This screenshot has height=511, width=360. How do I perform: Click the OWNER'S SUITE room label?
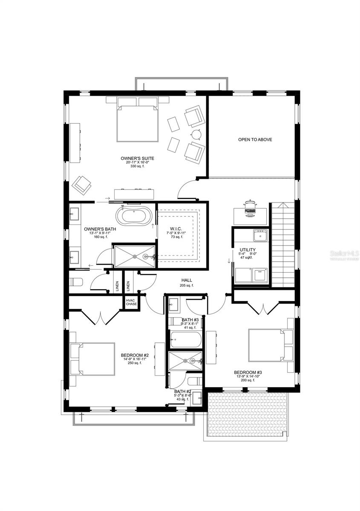137,158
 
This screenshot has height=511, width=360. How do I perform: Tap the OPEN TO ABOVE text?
255,140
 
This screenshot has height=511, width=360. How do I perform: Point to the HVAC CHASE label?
131,301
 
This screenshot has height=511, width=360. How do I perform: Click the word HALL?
187,280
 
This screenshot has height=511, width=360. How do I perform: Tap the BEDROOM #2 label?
134,355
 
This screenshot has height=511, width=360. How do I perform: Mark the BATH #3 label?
190,319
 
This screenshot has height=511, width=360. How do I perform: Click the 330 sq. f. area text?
137,167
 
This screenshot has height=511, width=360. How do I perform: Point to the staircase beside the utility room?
283,245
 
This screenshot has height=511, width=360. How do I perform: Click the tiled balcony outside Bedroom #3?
247,413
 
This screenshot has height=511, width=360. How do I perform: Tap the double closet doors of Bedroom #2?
101,316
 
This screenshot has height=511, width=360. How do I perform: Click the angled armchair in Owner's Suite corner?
82,184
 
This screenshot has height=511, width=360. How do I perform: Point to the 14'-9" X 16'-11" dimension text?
134,359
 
